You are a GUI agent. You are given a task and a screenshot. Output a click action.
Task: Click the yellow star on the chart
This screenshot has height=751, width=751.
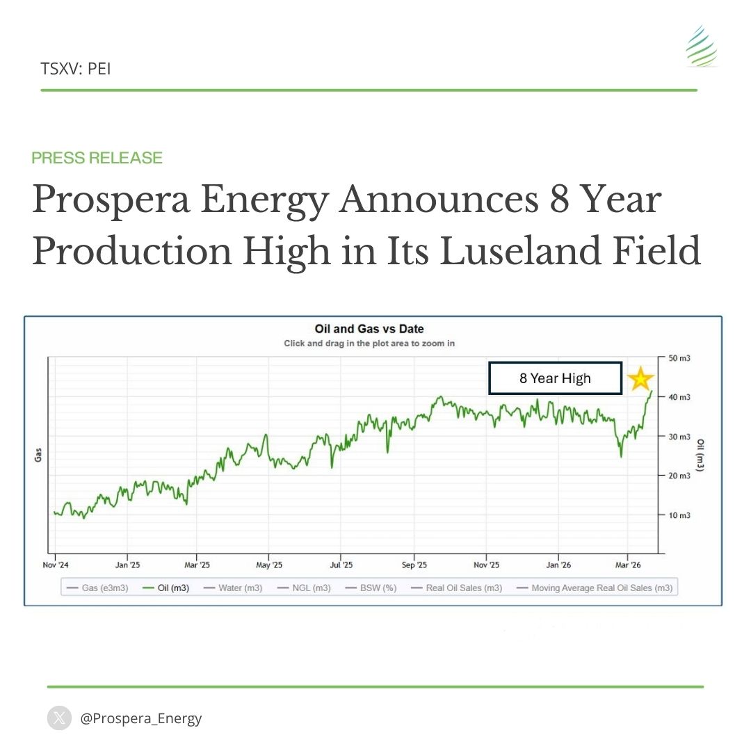(640, 379)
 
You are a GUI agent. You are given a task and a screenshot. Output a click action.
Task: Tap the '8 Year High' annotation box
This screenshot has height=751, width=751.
(554, 378)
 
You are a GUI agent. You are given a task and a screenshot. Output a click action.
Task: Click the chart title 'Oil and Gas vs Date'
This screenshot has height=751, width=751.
(369, 329)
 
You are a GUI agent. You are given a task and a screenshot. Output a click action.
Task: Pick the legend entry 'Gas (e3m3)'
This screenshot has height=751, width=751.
(97, 588)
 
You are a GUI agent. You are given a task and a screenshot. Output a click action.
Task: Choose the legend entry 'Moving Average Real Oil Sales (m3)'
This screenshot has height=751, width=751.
(595, 588)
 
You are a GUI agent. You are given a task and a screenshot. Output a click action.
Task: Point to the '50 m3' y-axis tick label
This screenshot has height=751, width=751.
(679, 357)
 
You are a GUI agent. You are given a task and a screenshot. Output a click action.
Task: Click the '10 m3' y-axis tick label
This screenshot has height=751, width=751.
(679, 515)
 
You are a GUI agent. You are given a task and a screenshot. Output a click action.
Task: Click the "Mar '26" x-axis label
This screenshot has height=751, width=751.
(628, 565)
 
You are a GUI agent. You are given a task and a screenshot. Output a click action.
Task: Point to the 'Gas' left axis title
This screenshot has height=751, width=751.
(39, 455)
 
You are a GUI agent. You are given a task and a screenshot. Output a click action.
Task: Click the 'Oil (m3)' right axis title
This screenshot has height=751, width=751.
(701, 455)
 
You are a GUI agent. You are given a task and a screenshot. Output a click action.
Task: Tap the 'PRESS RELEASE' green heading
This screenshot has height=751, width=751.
(97, 158)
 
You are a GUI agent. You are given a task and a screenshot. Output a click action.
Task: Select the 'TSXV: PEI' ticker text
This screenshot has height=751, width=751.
(76, 68)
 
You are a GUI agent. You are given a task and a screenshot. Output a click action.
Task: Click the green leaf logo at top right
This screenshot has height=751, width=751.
(700, 47)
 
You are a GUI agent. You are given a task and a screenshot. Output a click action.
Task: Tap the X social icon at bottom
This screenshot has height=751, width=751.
(59, 718)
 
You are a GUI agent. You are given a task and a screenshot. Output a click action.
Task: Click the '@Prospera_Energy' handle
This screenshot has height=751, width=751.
(141, 718)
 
